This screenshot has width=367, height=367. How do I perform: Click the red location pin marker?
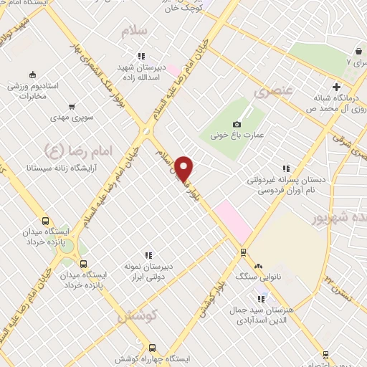(x=184, y=168)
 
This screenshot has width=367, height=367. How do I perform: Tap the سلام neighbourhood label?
(x=135, y=31)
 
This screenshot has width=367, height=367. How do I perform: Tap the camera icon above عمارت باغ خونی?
(x=237, y=124)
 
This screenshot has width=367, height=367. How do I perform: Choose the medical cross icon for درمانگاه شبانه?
(x=335, y=87)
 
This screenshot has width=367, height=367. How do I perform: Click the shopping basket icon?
(x=358, y=52)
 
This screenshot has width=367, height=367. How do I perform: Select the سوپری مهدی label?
(x=67, y=116)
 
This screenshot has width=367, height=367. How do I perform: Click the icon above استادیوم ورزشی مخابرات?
(x=31, y=75)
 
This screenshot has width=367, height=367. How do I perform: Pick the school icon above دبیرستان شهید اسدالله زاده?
(x=141, y=55)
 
